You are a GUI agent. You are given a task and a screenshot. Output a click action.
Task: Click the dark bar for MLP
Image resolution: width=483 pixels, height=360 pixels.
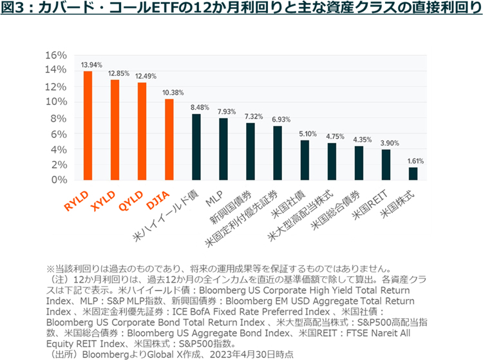coord(223,149)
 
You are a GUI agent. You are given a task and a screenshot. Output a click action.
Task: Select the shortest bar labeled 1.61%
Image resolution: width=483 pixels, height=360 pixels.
coord(413,173)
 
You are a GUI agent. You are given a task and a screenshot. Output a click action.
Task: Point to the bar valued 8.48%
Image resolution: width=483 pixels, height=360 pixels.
coord(196,147)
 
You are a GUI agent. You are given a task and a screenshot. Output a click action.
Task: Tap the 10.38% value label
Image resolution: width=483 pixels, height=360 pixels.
coord(169,93)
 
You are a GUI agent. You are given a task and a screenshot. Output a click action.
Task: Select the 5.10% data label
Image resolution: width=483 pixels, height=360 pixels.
coord(305,134)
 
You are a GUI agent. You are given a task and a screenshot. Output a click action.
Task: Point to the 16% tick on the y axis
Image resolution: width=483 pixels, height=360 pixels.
coord(57,55)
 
